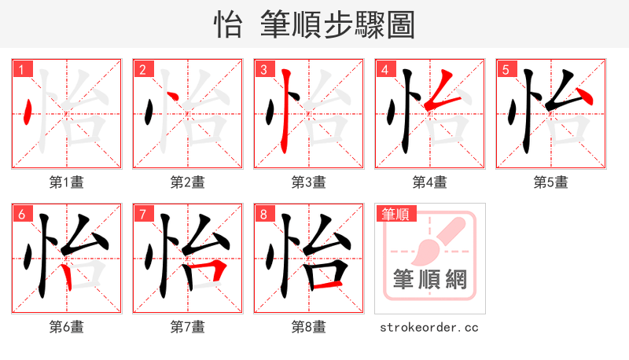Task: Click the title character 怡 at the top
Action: click(228, 25)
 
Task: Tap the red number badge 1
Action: click(20, 70)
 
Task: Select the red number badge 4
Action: click(384, 70)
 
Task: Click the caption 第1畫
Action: click(66, 182)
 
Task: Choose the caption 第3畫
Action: click(308, 182)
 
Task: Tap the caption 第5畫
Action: click(550, 182)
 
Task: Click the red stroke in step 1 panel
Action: click(28, 114)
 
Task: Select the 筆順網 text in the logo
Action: click(429, 279)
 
